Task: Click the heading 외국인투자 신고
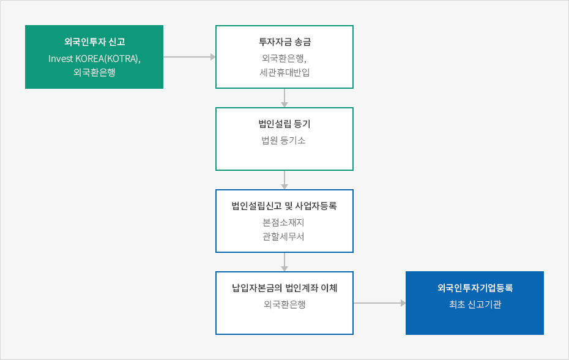94,42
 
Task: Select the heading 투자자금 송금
284,42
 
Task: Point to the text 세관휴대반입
284,72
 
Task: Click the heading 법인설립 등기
284,124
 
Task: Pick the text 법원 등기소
283,140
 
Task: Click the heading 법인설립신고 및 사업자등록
284,206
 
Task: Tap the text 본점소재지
283,222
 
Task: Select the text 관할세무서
283,236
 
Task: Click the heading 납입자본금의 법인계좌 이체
284,288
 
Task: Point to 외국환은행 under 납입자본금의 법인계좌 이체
284,304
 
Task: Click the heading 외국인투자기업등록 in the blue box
475,288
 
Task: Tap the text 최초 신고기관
475,304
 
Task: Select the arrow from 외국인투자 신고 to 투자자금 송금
190,57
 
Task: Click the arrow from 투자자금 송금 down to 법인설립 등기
284,98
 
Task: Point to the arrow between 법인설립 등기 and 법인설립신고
284,180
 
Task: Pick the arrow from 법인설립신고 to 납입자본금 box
284,262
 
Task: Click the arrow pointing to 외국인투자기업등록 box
379,303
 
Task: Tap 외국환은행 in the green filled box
94,72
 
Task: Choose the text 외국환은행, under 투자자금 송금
284,59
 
